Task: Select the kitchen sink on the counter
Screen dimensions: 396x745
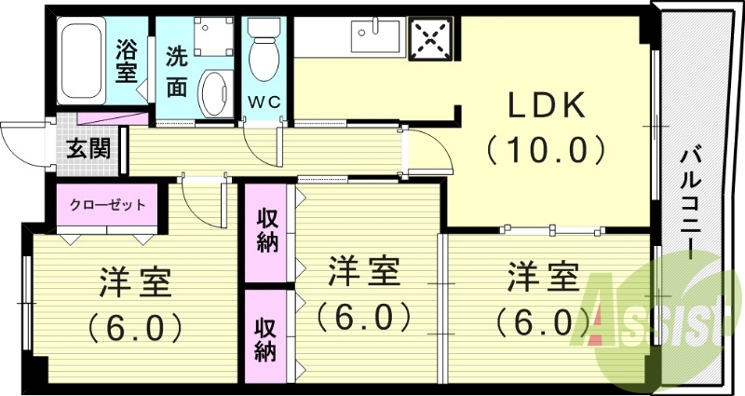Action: click(x=374, y=38)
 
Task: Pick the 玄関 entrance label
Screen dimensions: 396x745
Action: click(x=89, y=148)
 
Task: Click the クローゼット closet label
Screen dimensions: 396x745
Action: click(x=107, y=205)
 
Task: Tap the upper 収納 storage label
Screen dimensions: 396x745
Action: click(x=267, y=232)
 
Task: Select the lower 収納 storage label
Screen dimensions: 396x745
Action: click(x=267, y=339)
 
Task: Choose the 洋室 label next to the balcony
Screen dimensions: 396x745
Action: click(x=543, y=279)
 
